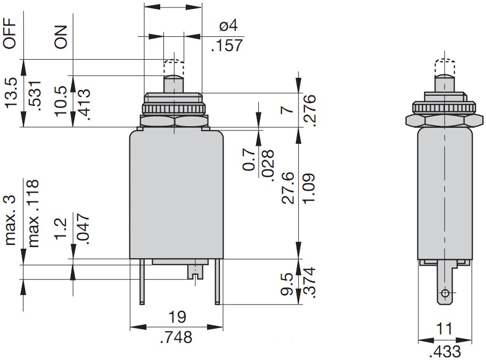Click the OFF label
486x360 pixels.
coord(9,33)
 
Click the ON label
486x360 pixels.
coord(61,37)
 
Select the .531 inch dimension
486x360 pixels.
coord(35,95)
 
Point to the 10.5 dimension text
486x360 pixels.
coord(61,101)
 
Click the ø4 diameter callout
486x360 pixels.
coord(228,26)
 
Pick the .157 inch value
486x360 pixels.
coord(227,46)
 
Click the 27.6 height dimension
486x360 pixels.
coord(288,188)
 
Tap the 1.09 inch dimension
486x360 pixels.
coord(308,188)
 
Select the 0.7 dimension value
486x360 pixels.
coord(249,159)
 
